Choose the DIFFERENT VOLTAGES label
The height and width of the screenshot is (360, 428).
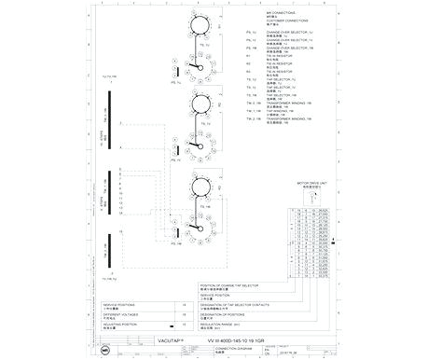tap(120, 314)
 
